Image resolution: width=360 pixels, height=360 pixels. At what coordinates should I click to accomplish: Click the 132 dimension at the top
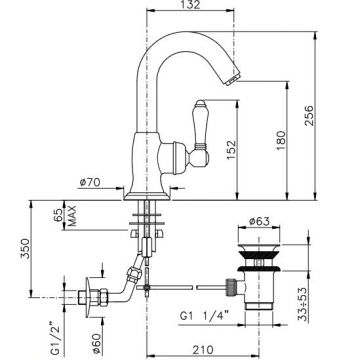(190, 4)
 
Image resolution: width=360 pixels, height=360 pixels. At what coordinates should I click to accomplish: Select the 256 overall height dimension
(309, 115)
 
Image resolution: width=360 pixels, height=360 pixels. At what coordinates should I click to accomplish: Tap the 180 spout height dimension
(281, 140)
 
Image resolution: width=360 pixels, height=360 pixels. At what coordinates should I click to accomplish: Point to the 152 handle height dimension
(231, 150)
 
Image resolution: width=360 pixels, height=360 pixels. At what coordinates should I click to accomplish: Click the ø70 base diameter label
(90, 182)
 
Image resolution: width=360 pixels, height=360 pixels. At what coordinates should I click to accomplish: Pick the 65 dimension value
(58, 215)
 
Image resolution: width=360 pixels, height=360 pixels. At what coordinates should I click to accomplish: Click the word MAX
(72, 216)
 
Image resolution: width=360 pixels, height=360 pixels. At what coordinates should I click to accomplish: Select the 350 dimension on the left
(26, 248)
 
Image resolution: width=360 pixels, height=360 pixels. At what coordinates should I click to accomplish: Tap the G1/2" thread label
(56, 338)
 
